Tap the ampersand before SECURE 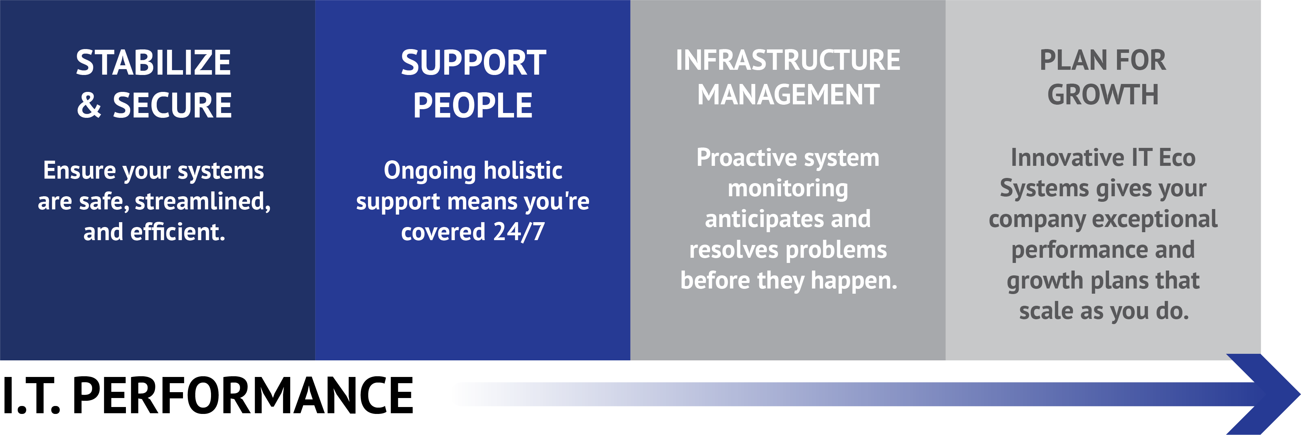[89, 105]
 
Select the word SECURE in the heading [172, 105]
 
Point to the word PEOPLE [473, 105]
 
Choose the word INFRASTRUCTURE [788, 60]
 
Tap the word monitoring [788, 189]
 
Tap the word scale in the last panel [1046, 311]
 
